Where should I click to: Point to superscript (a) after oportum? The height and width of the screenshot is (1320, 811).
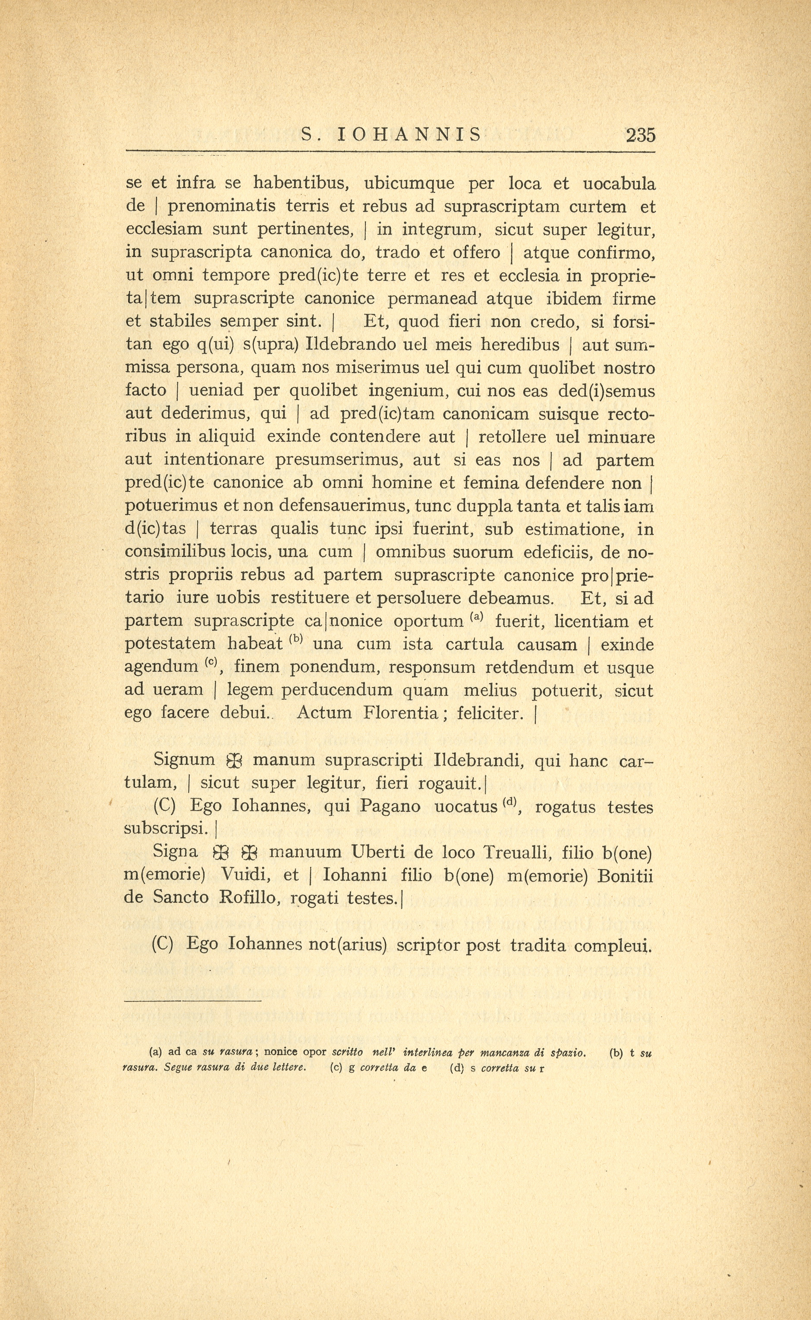[x=477, y=617]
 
